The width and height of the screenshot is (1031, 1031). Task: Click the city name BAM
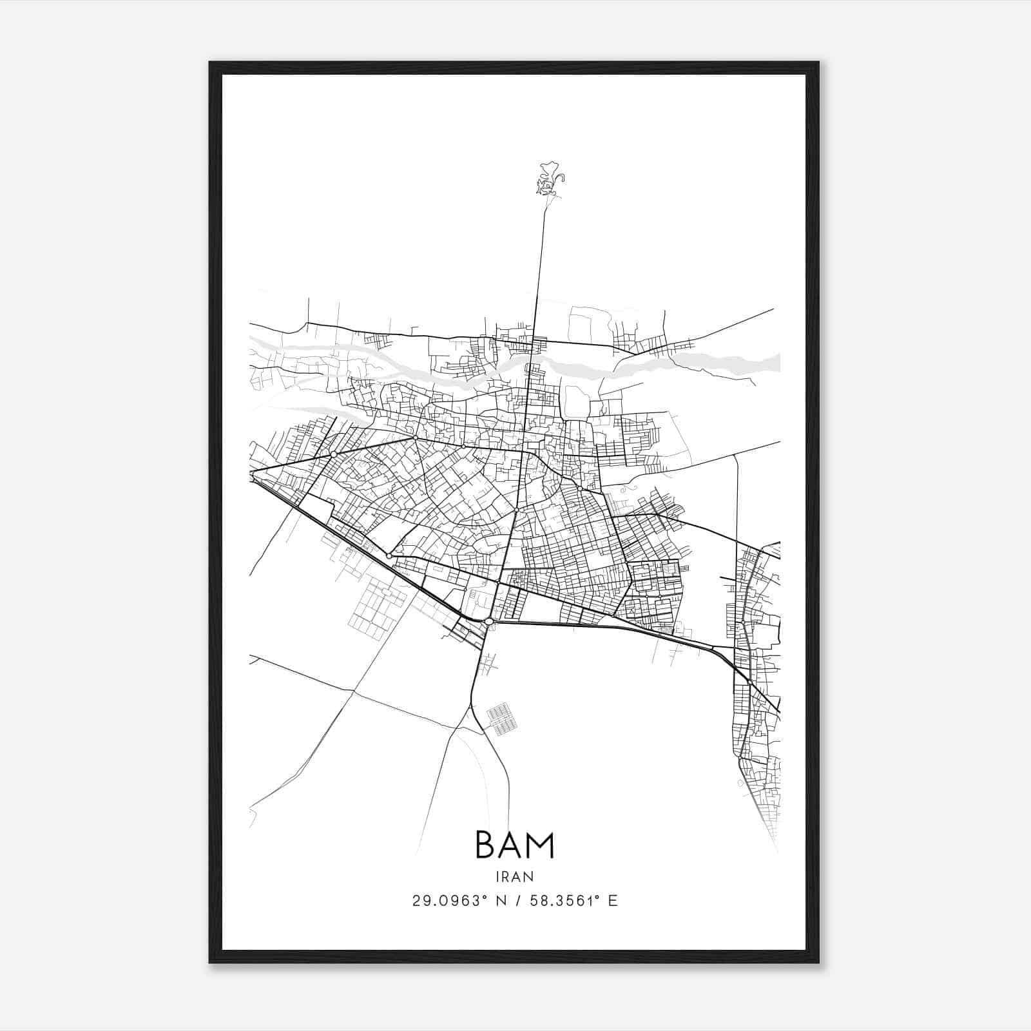pyautogui.click(x=514, y=845)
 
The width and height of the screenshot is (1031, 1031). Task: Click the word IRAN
pyautogui.click(x=514, y=876)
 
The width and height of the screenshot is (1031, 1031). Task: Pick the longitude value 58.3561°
pyautogui.click(x=566, y=901)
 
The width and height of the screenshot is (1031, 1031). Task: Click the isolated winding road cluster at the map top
pyautogui.click(x=548, y=181)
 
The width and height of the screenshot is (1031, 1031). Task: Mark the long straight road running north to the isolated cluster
pyautogui.click(x=539, y=258)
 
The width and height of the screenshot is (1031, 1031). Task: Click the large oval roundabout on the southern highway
pyautogui.click(x=489, y=621)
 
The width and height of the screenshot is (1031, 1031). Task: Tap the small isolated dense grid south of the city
pyautogui.click(x=502, y=719)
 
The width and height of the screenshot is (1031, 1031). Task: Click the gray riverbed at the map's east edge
pyautogui.click(x=760, y=363)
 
